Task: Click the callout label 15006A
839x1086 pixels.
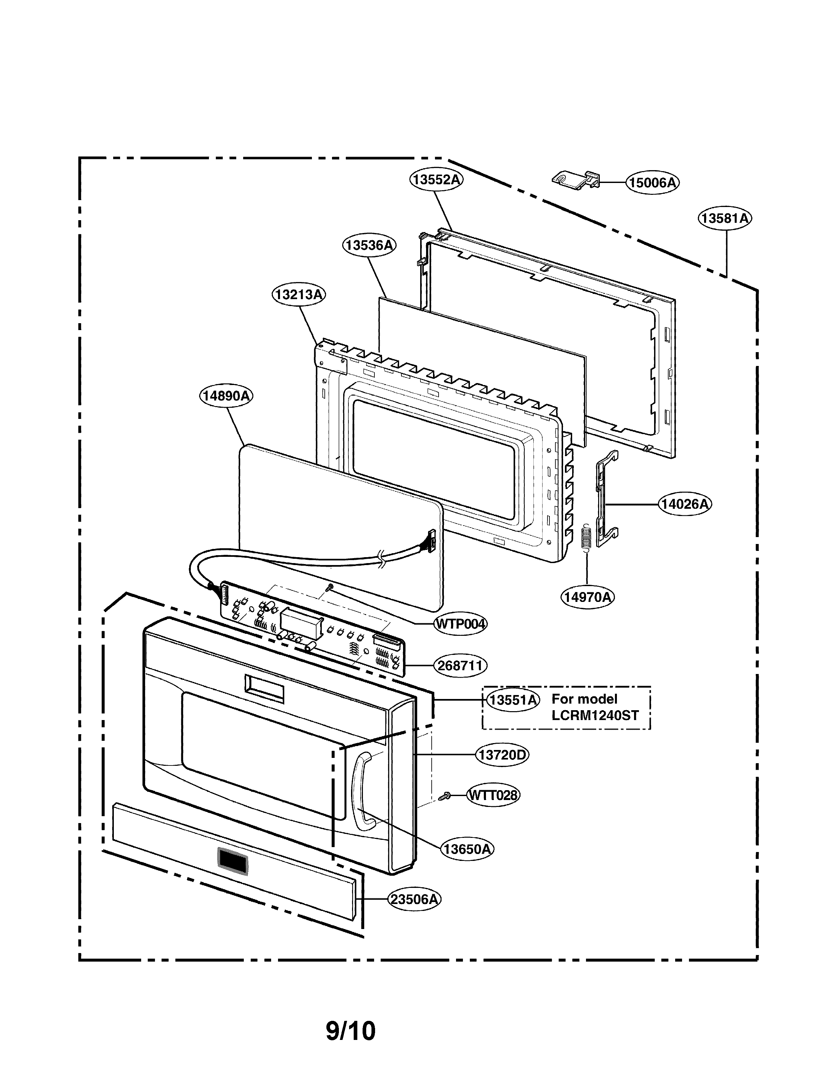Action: (652, 183)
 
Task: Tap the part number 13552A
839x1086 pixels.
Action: (436, 179)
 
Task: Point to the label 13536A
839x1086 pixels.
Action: (369, 245)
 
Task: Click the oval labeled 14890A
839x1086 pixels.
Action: (226, 396)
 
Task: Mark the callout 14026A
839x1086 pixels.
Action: (685, 504)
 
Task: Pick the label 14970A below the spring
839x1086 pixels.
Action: (588, 597)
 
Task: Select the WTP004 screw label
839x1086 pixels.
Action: (461, 624)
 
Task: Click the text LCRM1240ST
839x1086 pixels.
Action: (595, 715)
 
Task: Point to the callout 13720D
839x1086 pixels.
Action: (502, 755)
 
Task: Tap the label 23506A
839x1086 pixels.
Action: (414, 899)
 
